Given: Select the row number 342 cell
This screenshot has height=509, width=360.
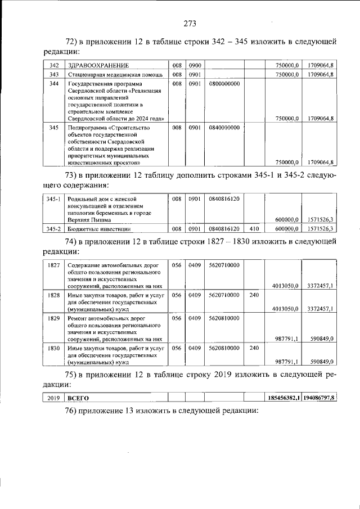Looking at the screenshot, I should pos(55,65).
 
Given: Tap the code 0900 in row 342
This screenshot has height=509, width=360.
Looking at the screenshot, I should pos(195,65).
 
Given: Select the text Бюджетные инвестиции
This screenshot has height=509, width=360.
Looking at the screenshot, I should pos(98,229).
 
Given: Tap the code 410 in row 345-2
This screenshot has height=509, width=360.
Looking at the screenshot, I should pos(254,229).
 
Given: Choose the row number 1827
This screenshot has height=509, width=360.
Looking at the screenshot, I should pos(55,265).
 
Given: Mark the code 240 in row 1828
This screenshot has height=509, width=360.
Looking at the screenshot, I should pos(254,295).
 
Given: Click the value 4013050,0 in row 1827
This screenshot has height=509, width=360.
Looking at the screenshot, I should pos(284,286).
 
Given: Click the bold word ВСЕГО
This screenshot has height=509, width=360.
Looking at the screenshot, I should pos(78,399).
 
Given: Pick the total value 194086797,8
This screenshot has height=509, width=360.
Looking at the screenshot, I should pos(318,399).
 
